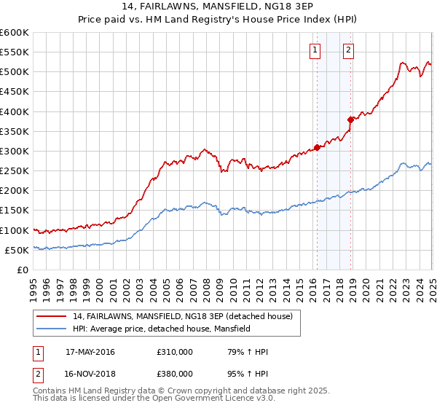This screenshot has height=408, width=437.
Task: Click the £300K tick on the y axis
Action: click(15, 151)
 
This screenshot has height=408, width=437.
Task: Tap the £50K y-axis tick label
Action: click(17, 250)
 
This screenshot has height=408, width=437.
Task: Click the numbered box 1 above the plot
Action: click(315, 50)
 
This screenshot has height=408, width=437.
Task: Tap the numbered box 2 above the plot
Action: click(348, 50)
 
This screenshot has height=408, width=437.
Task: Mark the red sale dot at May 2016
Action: click(317, 147)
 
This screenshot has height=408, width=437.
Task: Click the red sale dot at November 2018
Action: click(350, 119)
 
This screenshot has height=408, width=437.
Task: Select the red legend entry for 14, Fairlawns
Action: click(182, 316)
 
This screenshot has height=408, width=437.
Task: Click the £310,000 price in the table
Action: click(175, 352)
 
